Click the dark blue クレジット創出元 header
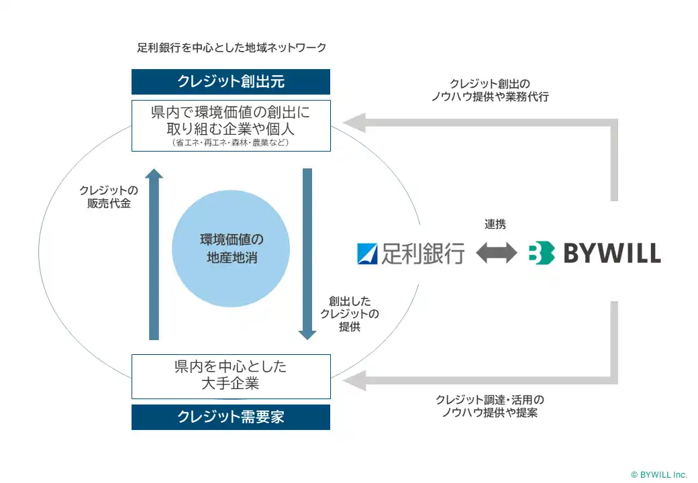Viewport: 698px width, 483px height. pos(231,82)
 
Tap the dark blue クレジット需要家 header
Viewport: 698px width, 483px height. pos(231,417)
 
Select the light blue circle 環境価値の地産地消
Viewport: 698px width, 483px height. pos(231,248)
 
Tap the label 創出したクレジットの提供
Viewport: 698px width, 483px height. pos(349,314)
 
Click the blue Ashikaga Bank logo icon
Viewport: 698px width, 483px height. pos(368,253)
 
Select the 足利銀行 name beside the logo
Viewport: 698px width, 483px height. pos(423,253)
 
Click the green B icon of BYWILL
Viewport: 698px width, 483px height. pos(541,253)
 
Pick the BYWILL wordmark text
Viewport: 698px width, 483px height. pos(611,253)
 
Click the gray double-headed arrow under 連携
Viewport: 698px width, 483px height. pos(496,253)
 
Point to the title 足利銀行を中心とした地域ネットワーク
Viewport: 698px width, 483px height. pos(232,48)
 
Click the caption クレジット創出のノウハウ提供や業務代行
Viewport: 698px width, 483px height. pos(489,90)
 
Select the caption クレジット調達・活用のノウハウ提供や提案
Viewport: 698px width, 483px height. pos(489,406)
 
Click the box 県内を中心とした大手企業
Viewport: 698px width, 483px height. pos(231,376)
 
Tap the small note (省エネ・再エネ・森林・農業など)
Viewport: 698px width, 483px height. pos(231,142)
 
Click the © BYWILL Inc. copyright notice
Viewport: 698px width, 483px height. pos(658,474)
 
